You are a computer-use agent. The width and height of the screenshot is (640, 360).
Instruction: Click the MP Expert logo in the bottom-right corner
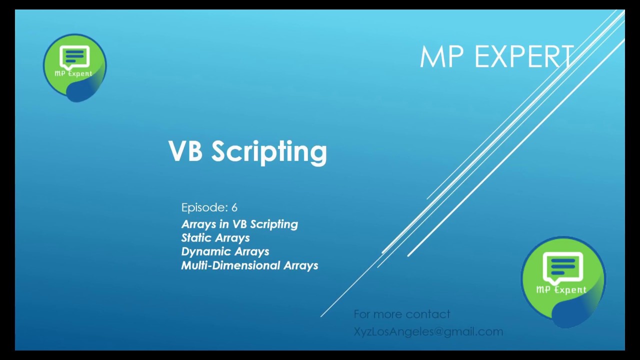point(563,280)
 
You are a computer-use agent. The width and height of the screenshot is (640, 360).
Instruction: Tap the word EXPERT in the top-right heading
point(523,56)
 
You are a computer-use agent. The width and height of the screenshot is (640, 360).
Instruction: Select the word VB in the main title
point(185,150)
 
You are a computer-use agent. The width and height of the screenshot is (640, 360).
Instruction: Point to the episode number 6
point(234,207)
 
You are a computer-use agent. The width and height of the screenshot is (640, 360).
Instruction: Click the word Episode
point(204,207)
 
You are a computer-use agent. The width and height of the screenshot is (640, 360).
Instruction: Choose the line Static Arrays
point(215,238)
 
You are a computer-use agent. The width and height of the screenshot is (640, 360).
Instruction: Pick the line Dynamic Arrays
point(225,251)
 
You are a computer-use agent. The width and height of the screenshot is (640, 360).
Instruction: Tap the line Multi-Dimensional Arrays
point(249,265)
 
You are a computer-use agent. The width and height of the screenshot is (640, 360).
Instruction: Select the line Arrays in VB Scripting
point(239,224)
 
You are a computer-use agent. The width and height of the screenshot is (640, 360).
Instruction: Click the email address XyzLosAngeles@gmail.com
point(428,331)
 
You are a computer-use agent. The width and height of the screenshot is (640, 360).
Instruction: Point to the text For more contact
point(401,314)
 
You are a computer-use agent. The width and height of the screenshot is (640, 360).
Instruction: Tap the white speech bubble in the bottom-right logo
point(563,267)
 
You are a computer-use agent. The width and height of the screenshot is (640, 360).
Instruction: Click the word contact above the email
point(428,314)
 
